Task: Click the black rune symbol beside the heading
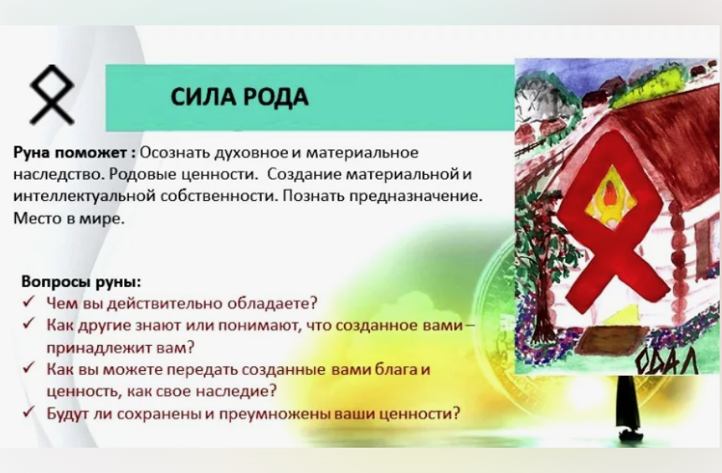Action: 51,96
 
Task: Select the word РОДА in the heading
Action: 270,97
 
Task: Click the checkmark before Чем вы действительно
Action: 28,303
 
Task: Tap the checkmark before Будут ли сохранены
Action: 28,413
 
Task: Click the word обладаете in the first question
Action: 276,303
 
